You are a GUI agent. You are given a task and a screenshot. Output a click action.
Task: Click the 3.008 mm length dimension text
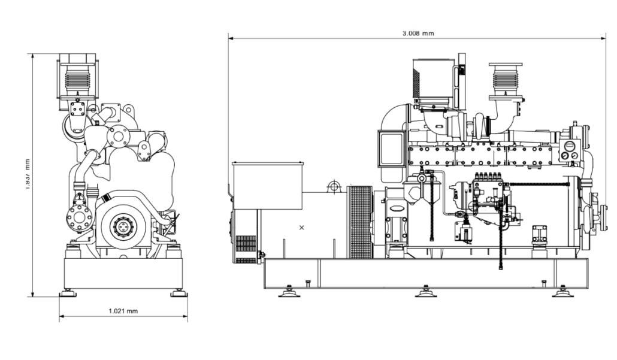pos(418,34)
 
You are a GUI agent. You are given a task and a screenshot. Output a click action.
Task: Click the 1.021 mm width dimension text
pos(123,311)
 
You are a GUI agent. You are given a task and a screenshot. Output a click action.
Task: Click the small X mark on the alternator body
pos(301,228)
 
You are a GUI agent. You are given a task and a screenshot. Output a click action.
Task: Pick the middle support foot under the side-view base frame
pos(426,292)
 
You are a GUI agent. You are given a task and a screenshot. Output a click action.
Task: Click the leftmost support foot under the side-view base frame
pos(289,292)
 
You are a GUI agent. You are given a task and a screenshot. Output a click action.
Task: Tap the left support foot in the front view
pos(67,293)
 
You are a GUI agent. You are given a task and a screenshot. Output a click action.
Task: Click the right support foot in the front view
pos(178,293)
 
